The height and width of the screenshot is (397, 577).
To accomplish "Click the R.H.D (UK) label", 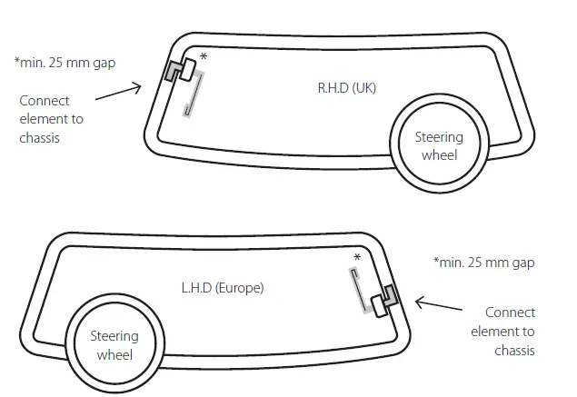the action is [346, 88].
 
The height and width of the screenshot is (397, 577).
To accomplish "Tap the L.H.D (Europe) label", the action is [223, 288].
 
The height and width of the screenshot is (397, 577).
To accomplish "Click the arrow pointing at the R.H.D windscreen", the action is [118, 92].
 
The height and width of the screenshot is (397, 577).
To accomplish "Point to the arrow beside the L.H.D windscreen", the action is [439, 304].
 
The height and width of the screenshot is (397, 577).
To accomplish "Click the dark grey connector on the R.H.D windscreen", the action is [173, 71].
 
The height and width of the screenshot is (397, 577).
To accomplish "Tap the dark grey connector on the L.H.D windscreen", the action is [391, 295].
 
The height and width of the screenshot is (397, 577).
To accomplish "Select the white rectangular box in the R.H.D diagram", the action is [188, 70].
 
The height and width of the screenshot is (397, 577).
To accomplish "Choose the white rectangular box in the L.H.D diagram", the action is [380, 306].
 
